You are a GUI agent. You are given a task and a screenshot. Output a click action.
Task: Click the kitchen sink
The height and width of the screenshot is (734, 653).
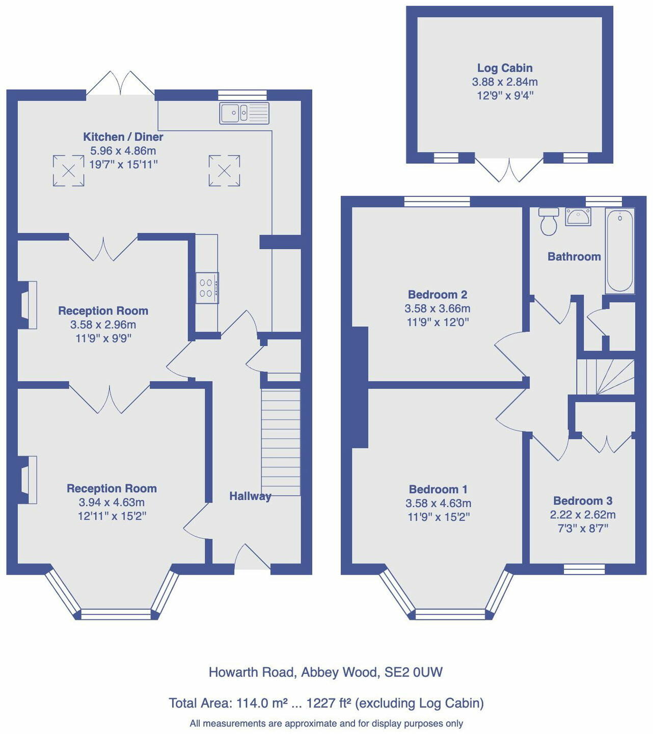coord(244,113)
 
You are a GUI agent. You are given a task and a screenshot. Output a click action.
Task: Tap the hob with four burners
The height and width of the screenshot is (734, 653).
coord(207,288)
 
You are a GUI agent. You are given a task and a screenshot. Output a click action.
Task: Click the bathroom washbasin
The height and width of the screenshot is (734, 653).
coord(578,217)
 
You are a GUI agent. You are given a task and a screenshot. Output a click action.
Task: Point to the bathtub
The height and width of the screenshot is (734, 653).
coord(619,251)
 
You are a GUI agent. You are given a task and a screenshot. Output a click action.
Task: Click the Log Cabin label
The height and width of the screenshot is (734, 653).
coord(504,68)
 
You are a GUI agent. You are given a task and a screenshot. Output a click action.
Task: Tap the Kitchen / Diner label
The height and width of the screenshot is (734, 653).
coord(123,137)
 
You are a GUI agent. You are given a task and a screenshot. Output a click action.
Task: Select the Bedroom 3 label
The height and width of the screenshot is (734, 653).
coord(583,501)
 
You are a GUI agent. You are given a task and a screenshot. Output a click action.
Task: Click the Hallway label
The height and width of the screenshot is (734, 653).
coord(250,496)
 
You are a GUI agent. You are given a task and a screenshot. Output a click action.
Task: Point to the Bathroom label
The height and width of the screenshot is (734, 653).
coord(574,256)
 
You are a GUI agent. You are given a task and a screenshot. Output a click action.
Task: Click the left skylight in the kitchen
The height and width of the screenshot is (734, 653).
coord(69,171)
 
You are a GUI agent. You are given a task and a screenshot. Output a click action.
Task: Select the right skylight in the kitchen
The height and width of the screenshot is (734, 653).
coord(224,171)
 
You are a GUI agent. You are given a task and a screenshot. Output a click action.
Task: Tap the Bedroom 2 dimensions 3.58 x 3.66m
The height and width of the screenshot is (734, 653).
coord(437,308)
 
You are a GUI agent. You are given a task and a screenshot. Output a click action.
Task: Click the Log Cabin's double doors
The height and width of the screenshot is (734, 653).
coord(509,170)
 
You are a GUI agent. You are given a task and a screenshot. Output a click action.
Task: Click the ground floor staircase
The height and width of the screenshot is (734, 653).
coord(281,441)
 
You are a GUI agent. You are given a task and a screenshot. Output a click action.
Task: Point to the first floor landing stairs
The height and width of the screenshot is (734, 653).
coord(606,377)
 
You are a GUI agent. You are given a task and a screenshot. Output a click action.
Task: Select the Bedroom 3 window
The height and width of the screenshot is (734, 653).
coord(584,569)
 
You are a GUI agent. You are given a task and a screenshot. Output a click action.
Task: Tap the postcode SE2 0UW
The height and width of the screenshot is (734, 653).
coord(413,672)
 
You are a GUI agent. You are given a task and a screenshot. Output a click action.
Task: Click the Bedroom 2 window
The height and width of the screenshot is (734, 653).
coord(437,201)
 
